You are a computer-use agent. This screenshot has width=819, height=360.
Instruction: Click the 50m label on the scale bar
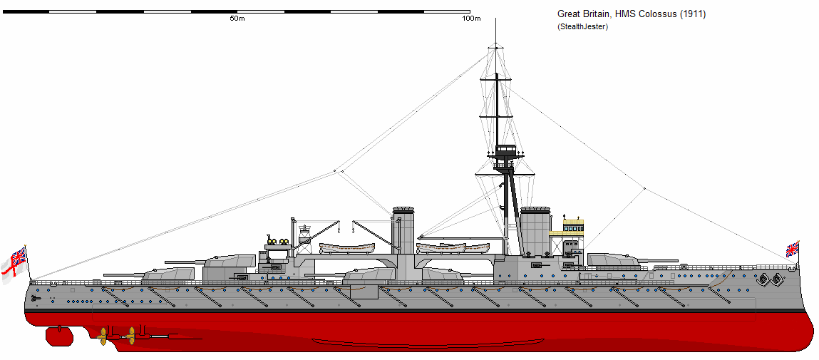(x=237, y=19)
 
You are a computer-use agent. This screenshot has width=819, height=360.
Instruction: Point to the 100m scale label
(x=471, y=19)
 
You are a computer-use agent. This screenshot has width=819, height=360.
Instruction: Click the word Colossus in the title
(x=654, y=14)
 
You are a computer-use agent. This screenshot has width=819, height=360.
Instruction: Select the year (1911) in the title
(x=692, y=14)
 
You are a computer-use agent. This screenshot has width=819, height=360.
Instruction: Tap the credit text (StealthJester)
(x=582, y=26)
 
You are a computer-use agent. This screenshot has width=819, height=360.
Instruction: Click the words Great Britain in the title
(x=582, y=14)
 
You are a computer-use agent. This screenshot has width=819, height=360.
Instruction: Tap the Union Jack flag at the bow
(x=792, y=249)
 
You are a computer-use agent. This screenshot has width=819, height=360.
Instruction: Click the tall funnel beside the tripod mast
(x=535, y=231)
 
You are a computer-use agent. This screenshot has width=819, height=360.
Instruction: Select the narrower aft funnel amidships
(x=403, y=232)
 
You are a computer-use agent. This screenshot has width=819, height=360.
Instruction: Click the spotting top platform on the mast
(x=506, y=151)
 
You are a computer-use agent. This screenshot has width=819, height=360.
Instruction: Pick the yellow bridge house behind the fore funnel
(x=573, y=227)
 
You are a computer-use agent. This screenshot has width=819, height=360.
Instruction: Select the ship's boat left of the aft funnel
(x=347, y=248)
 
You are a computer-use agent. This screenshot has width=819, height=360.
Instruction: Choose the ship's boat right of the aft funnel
(x=452, y=248)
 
